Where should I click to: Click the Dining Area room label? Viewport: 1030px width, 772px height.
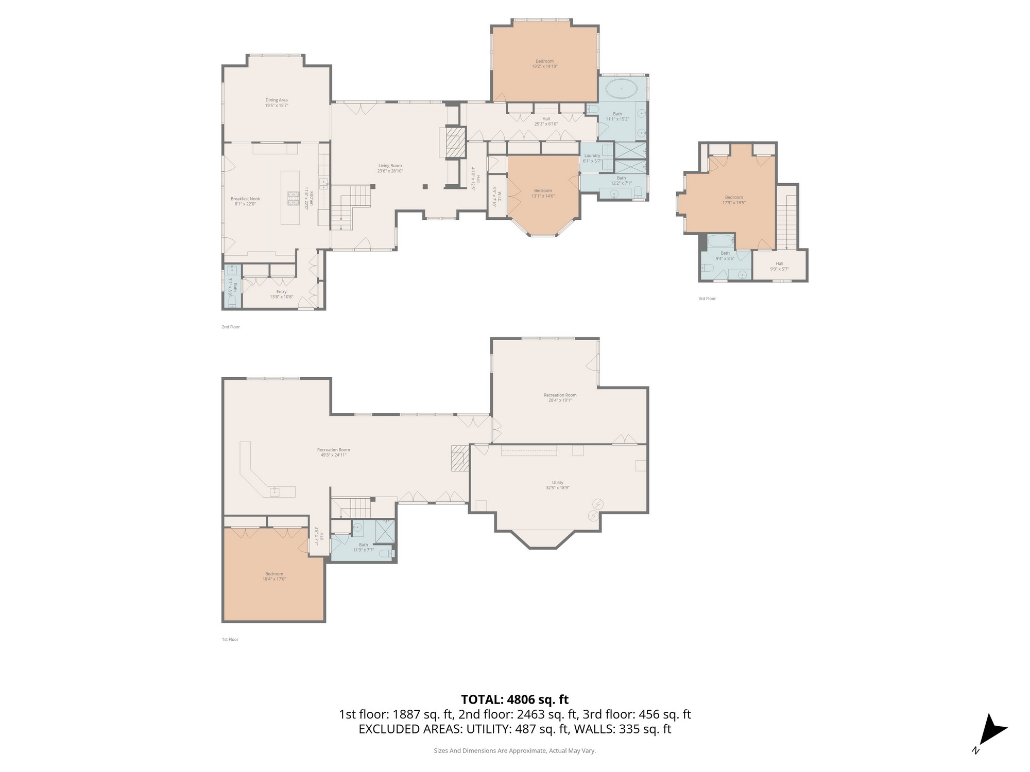click(x=277, y=100)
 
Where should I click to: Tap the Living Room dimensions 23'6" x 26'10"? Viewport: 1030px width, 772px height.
click(x=390, y=171)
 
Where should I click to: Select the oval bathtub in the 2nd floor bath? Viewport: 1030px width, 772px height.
click(x=621, y=89)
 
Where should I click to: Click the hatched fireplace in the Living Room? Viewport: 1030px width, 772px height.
click(x=455, y=143)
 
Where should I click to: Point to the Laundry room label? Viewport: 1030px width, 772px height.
click(x=592, y=155)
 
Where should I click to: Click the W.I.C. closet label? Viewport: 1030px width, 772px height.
click(x=494, y=197)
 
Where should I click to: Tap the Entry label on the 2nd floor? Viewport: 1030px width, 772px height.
click(x=281, y=292)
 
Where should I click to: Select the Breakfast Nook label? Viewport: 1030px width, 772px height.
click(x=245, y=199)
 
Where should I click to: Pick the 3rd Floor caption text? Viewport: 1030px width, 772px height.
click(x=707, y=299)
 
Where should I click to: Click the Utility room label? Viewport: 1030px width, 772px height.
click(x=558, y=483)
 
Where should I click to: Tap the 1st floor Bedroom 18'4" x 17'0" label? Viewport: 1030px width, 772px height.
click(x=274, y=574)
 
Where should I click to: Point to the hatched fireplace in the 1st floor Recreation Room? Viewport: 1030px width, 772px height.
click(x=458, y=458)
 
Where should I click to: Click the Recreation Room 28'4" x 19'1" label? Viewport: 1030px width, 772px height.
click(x=560, y=395)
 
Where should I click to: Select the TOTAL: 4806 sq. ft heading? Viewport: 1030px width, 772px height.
click(x=514, y=699)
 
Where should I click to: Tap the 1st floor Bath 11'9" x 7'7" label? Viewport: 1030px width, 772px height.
click(x=364, y=545)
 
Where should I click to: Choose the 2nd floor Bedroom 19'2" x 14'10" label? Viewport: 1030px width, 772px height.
click(x=545, y=61)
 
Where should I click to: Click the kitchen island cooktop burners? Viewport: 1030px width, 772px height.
click(x=293, y=199)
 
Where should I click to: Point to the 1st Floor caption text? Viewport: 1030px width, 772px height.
click(x=230, y=639)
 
